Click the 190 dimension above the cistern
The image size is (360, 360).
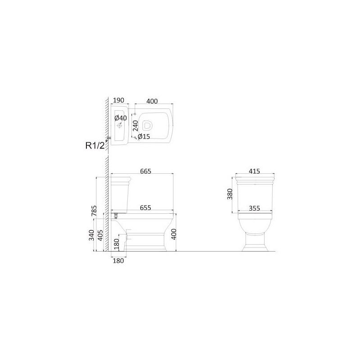[x=119, y=100]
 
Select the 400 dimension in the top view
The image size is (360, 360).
[x=152, y=101]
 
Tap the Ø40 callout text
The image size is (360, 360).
[x=121, y=118]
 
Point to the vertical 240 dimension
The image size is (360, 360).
[x=135, y=126]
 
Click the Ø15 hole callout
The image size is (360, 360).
[x=144, y=137]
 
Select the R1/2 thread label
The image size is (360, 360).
[x=95, y=145]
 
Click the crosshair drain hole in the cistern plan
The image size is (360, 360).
[x=119, y=126]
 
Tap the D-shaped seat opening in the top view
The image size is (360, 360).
[x=148, y=125]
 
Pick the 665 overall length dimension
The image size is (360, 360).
[x=146, y=171]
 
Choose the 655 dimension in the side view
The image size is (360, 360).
[x=145, y=207]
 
